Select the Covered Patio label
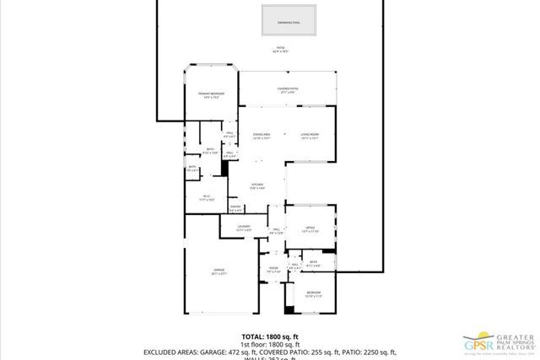click(x=289, y=89)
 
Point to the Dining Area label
click(x=262, y=135)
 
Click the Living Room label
click(x=310, y=135)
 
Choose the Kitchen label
click(x=257, y=185)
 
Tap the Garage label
click(x=219, y=271)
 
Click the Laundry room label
click(x=244, y=227)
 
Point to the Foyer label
click(x=273, y=269)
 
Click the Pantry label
click(x=235, y=207)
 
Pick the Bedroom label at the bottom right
click(x=313, y=293)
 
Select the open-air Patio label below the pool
click(x=280, y=50)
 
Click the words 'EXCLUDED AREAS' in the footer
click(x=173, y=352)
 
